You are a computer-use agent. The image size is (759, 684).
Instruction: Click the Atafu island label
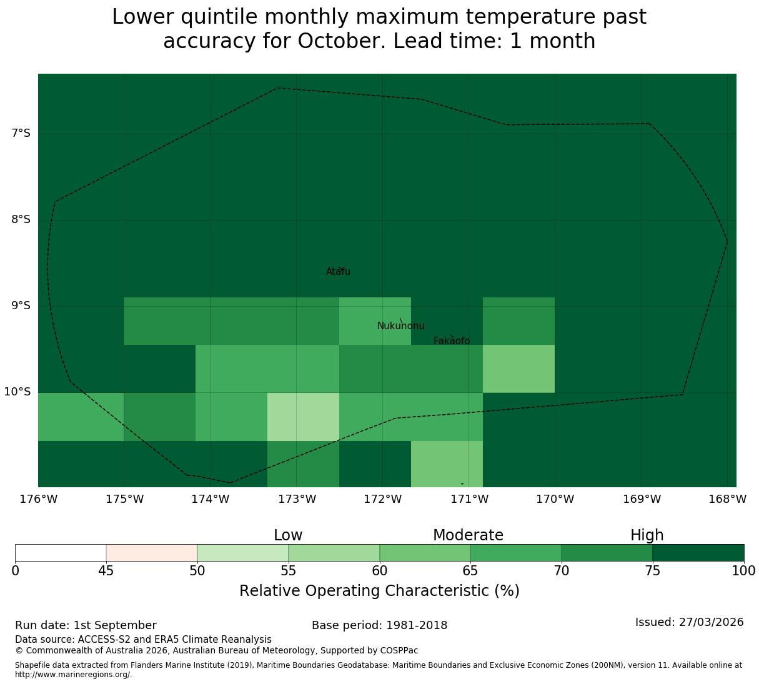338,272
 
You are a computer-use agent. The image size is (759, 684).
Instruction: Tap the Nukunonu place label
400,326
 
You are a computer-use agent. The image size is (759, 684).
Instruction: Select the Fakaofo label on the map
452,340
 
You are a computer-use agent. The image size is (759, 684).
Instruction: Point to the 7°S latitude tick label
21,133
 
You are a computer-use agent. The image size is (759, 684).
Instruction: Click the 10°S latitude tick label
17,392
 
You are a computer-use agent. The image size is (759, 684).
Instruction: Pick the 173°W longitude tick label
297,499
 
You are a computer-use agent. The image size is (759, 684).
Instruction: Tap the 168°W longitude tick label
727,499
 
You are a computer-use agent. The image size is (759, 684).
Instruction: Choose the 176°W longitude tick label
39,499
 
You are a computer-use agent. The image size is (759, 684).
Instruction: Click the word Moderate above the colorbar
468,535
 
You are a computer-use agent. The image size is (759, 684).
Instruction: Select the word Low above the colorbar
288,535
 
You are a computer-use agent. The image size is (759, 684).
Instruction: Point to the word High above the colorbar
647,535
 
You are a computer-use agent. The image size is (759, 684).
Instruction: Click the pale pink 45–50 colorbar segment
152,553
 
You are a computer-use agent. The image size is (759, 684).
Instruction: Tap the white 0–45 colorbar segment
61,553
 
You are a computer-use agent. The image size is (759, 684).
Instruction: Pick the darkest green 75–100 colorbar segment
698,553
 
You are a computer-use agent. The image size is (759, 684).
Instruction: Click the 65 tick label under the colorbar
470,571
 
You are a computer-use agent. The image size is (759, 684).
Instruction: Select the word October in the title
340,41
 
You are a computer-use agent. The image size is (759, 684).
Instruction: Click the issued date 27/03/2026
711,622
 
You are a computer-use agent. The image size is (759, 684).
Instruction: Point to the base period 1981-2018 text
417,625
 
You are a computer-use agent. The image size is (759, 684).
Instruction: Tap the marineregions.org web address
74,675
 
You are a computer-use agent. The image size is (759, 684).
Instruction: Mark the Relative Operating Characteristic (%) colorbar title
380,591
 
